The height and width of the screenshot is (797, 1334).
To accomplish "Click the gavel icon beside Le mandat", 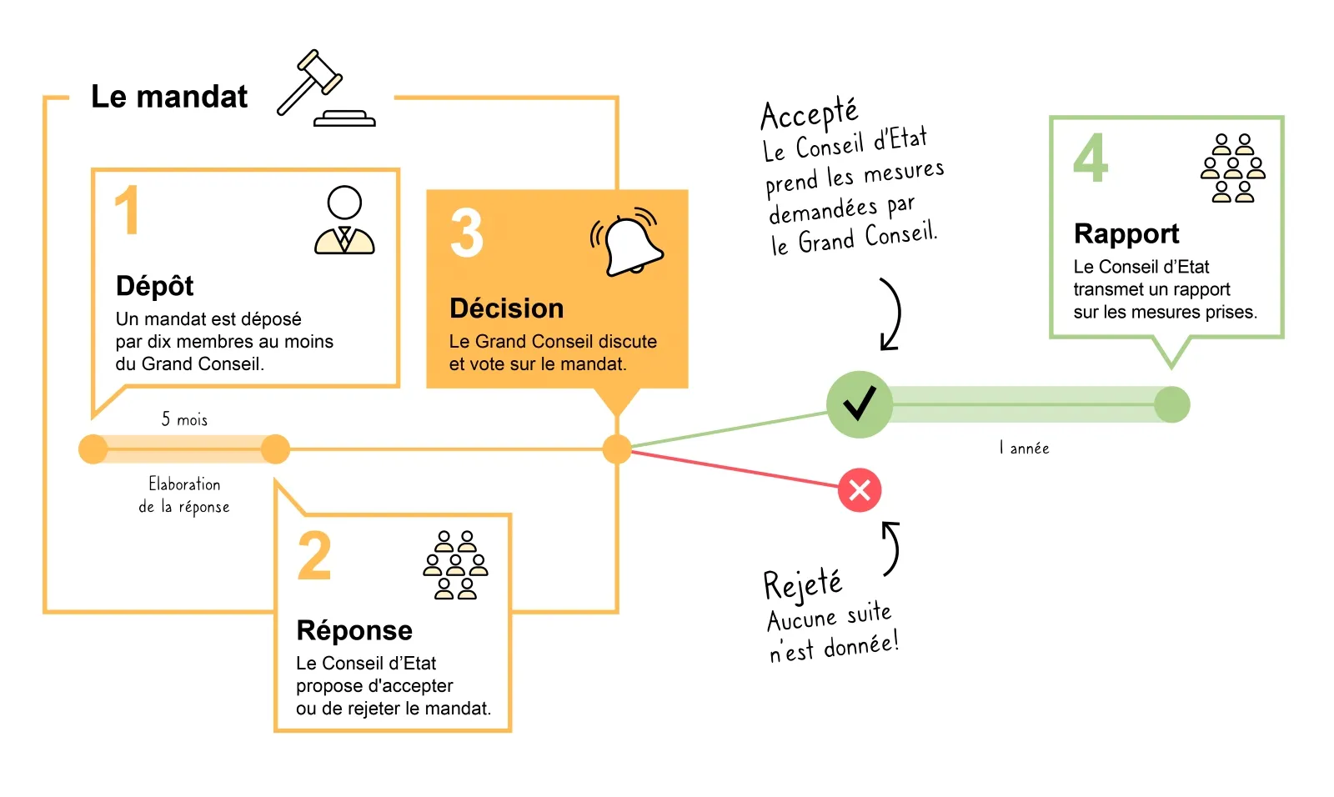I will tap(325, 89).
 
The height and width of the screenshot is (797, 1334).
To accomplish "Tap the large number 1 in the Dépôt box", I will tap(127, 211).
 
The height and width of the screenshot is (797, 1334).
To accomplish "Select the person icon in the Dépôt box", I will tap(344, 221).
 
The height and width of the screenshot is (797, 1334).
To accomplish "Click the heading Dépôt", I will tap(155, 286).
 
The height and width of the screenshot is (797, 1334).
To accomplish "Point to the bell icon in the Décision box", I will tap(629, 243).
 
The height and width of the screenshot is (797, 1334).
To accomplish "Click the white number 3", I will tap(467, 233).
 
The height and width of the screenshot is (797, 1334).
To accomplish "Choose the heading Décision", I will tap(507, 308).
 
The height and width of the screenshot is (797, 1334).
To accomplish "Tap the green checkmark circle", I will tap(859, 404).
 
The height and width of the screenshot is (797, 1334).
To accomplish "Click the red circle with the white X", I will tap(860, 490).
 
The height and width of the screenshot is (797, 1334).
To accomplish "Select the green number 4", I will tap(1091, 158).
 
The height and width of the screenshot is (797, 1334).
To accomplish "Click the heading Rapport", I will tap(1126, 233).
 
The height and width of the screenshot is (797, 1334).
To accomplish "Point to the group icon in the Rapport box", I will tap(1233, 168).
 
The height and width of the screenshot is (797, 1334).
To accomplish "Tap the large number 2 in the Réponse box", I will tap(314, 556).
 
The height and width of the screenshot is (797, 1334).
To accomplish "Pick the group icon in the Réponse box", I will tap(455, 565).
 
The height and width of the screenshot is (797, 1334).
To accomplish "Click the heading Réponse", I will tap(354, 630).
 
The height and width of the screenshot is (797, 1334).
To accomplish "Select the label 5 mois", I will tap(184, 419).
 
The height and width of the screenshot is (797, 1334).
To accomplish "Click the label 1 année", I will tap(1024, 449).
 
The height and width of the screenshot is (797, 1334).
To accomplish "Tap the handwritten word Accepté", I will tap(809, 114).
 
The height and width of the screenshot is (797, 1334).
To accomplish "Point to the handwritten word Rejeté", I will tap(803, 584).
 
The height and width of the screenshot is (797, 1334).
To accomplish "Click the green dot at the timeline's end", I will tap(1171, 405).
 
